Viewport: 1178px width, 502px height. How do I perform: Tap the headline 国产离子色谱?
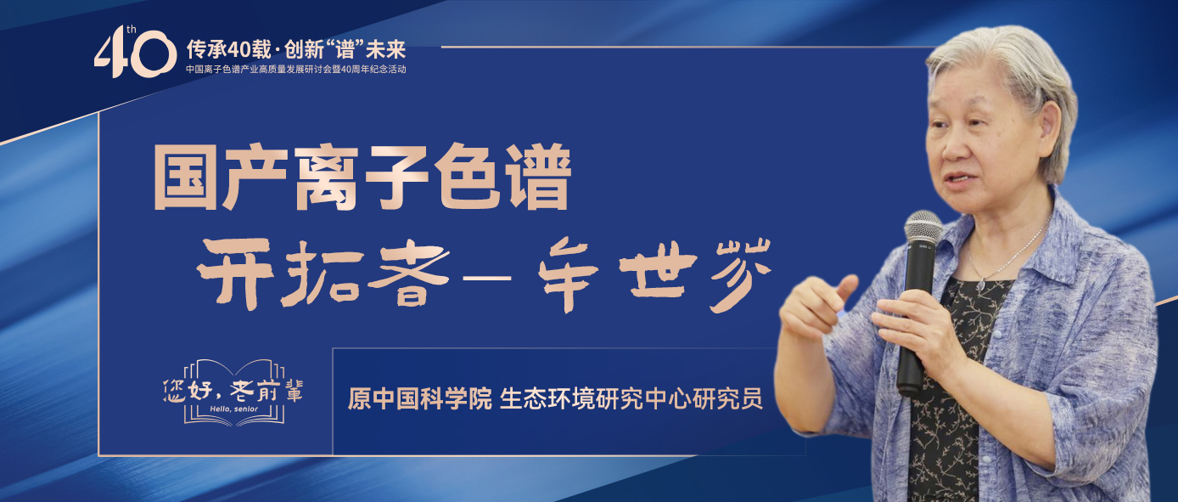coord(360,179)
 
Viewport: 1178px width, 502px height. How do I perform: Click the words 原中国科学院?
coord(420,398)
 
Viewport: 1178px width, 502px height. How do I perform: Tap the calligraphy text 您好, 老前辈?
coord(232,390)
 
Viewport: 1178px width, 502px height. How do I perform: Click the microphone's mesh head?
coord(923,227)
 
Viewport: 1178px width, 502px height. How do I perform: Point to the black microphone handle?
coord(913,323)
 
